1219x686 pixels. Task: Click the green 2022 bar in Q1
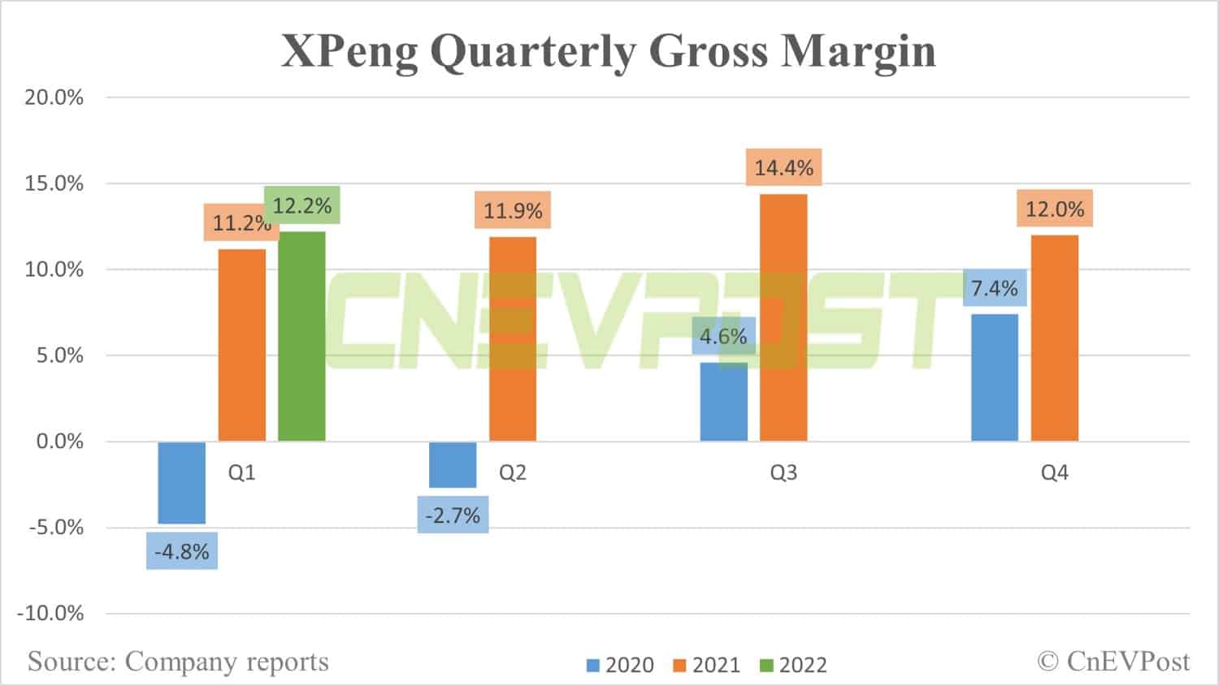pos(301,336)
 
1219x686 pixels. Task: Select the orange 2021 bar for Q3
pos(783,317)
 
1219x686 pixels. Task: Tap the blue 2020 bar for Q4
pos(994,378)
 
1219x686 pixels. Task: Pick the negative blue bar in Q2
pos(453,464)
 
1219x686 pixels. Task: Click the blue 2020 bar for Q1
pos(182,482)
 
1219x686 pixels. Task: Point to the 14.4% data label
pos(783,168)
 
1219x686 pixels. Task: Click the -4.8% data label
pos(182,552)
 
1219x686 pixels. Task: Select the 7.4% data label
pos(994,288)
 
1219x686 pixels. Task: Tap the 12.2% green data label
pos(302,206)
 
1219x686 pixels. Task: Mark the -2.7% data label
pos(453,516)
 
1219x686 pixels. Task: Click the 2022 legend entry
pos(793,665)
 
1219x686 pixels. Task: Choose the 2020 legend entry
pos(620,665)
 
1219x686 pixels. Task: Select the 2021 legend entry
pos(707,665)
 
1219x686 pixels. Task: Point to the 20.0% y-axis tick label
pos(54,97)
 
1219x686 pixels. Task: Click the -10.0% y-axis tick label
pos(50,613)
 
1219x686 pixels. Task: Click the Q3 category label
pos(783,472)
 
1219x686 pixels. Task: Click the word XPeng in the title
pos(349,50)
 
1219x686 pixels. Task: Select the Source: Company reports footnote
pos(178,662)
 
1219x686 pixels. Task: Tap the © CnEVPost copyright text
pos(1113,662)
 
